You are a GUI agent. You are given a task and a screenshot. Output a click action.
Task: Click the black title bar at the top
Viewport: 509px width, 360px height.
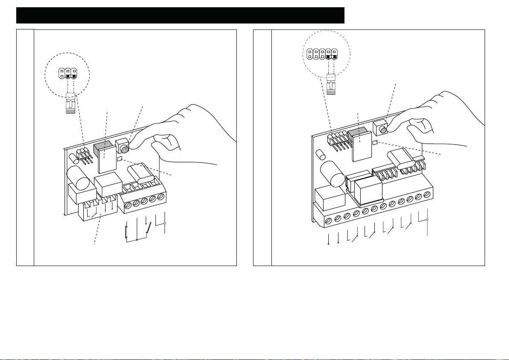coord(180,15)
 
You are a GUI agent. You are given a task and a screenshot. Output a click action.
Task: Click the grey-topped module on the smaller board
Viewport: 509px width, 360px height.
coord(104,156)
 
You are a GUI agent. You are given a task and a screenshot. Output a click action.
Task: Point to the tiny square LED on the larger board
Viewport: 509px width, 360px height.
coord(374,142)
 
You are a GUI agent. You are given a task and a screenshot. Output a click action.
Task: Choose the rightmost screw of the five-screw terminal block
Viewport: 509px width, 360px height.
coord(161,197)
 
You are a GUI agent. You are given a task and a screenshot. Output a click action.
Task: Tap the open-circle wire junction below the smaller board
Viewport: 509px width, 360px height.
coord(165,223)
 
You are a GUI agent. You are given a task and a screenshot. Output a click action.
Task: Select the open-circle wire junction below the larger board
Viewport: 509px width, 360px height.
coord(427,220)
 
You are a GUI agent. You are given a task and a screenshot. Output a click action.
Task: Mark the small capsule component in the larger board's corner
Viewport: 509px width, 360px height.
coord(319,153)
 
